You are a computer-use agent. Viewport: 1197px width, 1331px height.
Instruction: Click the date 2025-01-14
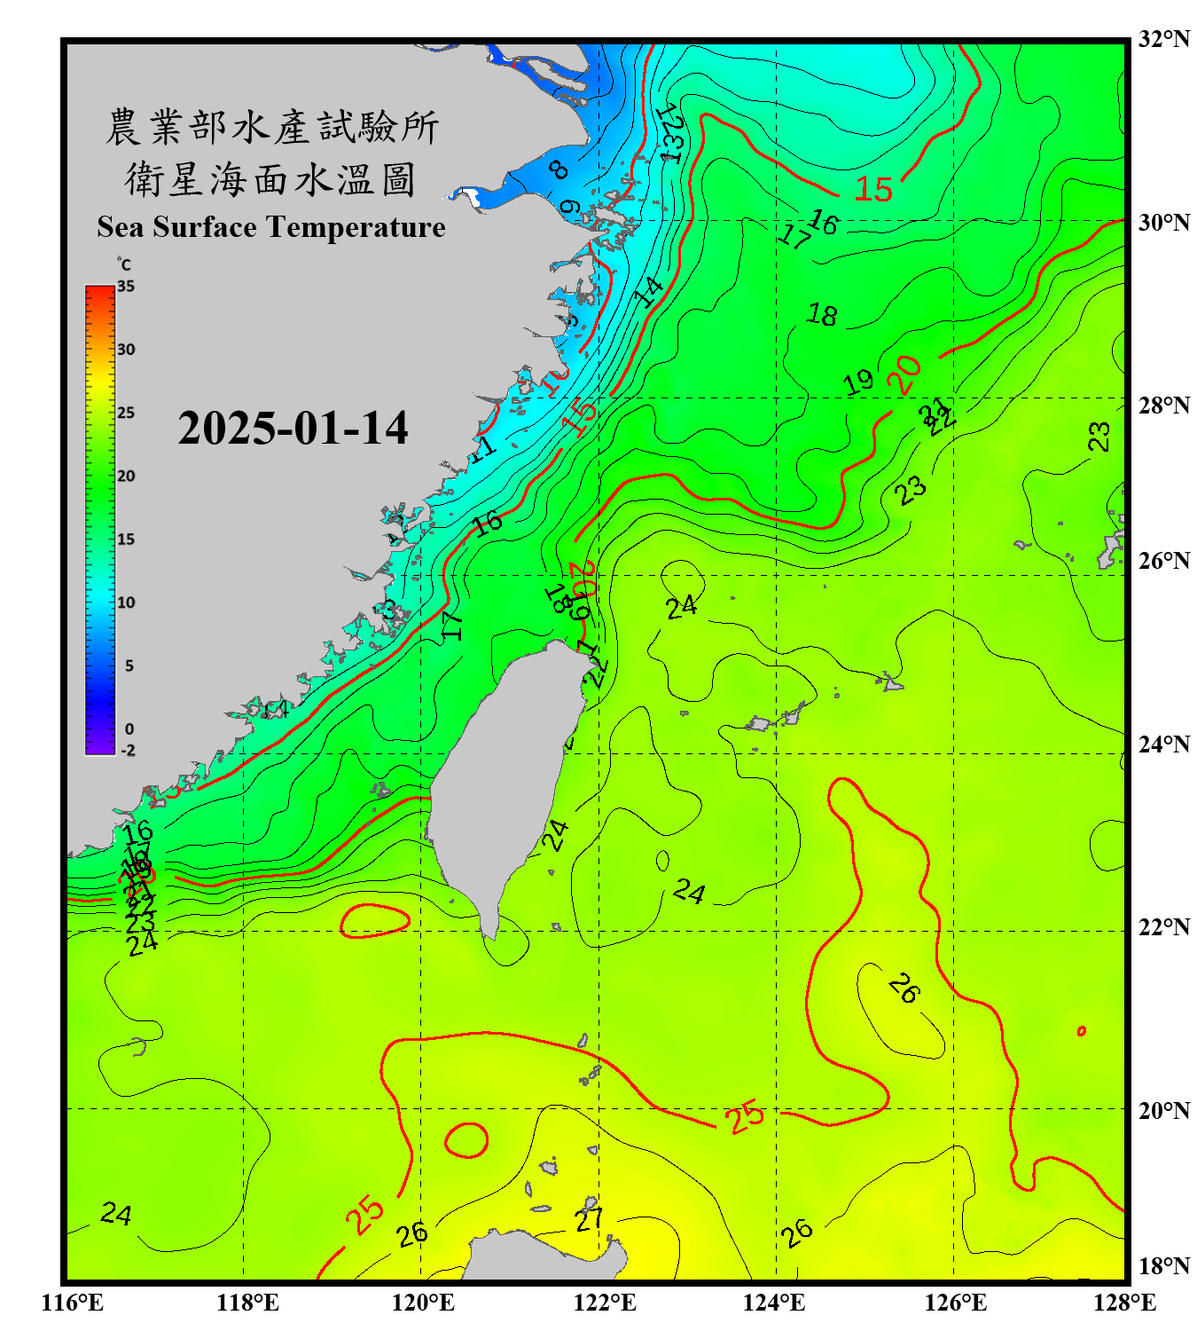[293, 429]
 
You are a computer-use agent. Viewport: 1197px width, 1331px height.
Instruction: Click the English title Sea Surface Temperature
[271, 227]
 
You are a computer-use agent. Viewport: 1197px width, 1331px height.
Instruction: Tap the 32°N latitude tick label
[1163, 39]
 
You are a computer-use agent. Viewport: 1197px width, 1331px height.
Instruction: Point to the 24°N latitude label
[1163, 744]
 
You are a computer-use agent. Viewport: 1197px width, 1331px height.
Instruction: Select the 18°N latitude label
[1163, 1266]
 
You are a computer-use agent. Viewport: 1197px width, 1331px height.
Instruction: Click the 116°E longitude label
[73, 1303]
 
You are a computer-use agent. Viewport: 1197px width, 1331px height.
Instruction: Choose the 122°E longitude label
[605, 1303]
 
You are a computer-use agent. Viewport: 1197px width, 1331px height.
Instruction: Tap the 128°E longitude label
[1124, 1303]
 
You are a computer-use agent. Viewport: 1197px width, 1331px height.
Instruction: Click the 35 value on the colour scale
[126, 287]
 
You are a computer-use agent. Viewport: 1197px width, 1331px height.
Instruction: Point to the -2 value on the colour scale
[128, 751]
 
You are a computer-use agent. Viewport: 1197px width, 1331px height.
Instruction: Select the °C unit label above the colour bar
[124, 264]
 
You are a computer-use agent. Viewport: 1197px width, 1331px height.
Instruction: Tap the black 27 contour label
[590, 1219]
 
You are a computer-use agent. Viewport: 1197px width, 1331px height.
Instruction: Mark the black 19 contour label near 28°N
[857, 382]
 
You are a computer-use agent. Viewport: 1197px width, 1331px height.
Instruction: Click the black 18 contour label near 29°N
[822, 315]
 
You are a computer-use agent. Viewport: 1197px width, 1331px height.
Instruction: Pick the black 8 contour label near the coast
[559, 169]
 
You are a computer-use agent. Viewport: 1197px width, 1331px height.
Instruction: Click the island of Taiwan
[505, 781]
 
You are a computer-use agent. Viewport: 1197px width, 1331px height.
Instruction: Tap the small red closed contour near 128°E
[1082, 1031]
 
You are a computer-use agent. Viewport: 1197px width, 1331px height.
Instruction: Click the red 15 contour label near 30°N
[873, 189]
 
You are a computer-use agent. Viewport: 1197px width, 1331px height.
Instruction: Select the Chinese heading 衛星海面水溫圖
[271, 179]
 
